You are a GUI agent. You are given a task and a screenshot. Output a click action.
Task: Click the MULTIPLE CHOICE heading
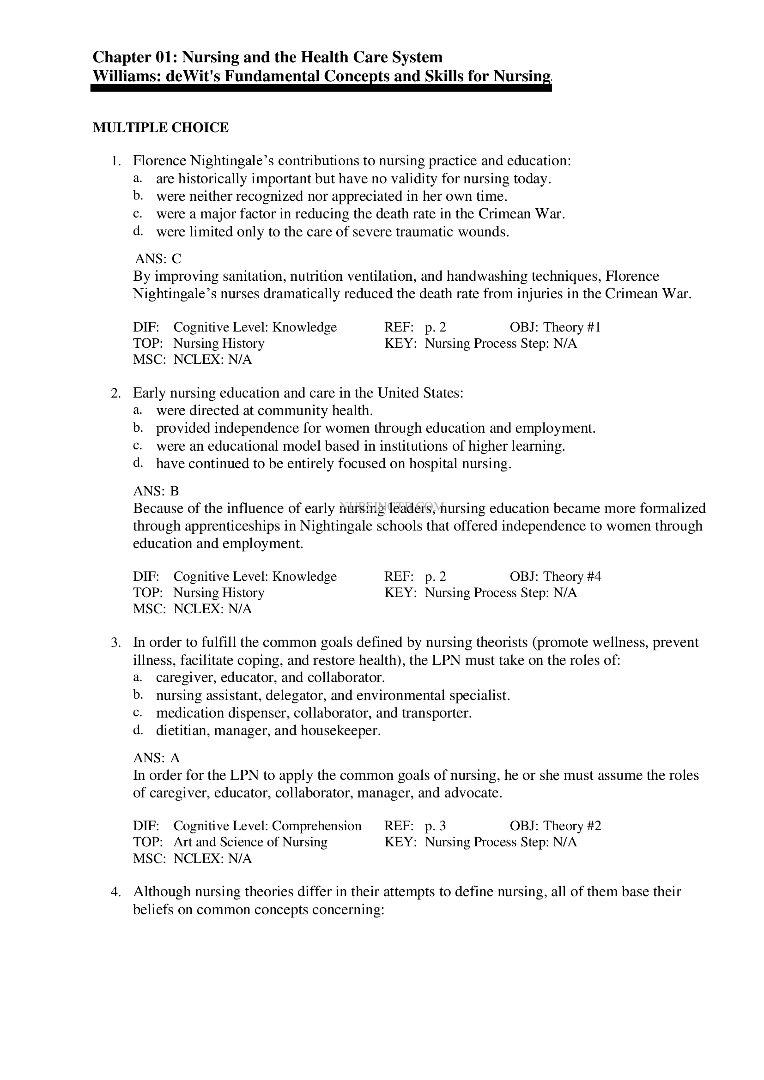click(x=160, y=127)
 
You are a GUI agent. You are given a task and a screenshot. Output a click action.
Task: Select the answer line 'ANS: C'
click(x=158, y=259)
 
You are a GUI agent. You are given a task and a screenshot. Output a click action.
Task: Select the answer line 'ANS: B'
click(x=156, y=491)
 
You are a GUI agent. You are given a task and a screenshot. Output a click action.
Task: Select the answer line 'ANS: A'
click(x=156, y=758)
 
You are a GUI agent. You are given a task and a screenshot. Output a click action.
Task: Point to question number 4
click(x=116, y=892)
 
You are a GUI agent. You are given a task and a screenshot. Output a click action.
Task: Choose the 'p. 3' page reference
click(x=435, y=826)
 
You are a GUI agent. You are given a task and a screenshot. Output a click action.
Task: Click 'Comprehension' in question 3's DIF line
click(x=316, y=826)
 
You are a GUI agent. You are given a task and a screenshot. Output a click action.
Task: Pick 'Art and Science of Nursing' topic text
click(x=250, y=842)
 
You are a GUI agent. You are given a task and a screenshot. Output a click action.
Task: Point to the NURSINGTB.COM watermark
click(x=391, y=506)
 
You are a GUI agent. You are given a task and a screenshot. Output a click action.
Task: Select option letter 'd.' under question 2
click(x=137, y=463)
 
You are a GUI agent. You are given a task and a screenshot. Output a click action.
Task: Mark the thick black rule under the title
click(x=321, y=88)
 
